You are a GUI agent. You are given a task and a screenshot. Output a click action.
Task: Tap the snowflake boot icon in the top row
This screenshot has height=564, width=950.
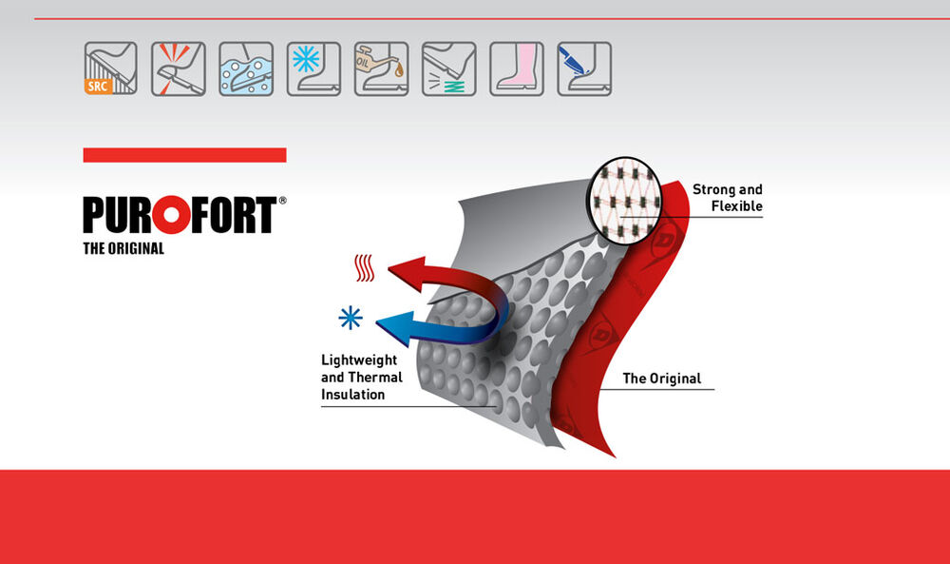click(x=313, y=68)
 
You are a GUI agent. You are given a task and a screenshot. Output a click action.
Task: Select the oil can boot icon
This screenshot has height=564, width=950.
click(x=382, y=68)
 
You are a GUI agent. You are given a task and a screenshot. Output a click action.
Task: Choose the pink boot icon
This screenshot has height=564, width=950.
click(x=517, y=68)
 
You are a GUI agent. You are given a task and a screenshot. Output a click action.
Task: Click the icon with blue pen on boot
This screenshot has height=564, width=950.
click(x=584, y=68)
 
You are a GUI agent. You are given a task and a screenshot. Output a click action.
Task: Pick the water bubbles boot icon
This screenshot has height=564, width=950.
click(x=246, y=68)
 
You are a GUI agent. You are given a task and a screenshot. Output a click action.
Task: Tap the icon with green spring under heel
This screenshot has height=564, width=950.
click(x=449, y=68)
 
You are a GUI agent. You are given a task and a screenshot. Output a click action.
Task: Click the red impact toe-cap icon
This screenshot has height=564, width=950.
click(x=179, y=68)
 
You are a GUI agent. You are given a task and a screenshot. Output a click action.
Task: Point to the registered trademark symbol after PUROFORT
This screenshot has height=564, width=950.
click(x=282, y=201)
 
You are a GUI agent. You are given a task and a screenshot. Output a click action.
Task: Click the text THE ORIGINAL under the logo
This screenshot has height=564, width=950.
click(x=123, y=248)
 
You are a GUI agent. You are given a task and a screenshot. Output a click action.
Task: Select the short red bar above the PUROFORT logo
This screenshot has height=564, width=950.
click(x=185, y=155)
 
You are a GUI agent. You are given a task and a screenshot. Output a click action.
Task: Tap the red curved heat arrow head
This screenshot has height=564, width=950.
click(x=408, y=272)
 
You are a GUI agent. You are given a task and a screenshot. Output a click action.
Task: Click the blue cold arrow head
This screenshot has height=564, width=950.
click(x=395, y=328)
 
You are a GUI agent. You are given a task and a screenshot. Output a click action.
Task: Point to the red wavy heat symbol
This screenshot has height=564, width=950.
click(x=364, y=268)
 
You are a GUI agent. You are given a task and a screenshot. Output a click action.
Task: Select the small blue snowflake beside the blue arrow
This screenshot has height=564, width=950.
click(x=351, y=318)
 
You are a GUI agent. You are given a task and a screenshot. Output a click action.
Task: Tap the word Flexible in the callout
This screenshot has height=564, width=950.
click(x=737, y=206)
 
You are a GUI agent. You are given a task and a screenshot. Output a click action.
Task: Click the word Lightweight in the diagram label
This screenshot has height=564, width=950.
click(x=359, y=360)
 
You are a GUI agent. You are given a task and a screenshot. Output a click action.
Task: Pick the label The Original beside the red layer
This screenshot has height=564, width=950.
click(x=662, y=379)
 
